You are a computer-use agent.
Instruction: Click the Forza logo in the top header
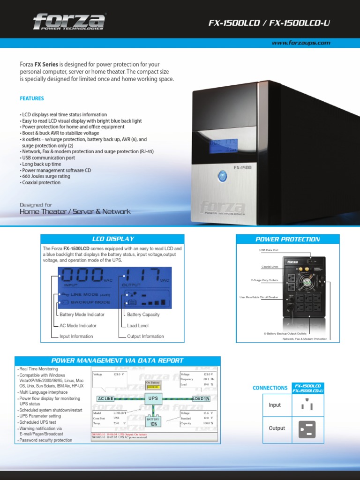[68, 22]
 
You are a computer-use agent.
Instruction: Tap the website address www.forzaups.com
[301, 43]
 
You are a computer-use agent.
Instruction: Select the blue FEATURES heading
[32, 98]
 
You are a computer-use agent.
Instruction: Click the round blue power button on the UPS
[222, 177]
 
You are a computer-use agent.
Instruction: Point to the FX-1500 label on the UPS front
[243, 167]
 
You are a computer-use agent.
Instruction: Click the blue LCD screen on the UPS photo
[223, 145]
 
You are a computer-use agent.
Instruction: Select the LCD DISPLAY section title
[112, 239]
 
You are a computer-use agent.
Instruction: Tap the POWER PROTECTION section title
[287, 239]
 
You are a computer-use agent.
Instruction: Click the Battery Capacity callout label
[143, 315]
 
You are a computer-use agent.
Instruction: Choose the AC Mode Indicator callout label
[78, 325]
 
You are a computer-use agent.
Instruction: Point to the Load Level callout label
[138, 325]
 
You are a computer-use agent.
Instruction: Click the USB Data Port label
[269, 250]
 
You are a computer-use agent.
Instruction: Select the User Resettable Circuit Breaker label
[258, 297]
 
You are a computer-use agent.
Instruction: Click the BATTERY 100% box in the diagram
[153, 421]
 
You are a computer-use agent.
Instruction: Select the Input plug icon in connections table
[307, 405]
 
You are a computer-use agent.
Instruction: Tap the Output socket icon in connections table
[307, 429]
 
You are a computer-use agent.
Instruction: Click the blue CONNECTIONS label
[270, 388]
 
